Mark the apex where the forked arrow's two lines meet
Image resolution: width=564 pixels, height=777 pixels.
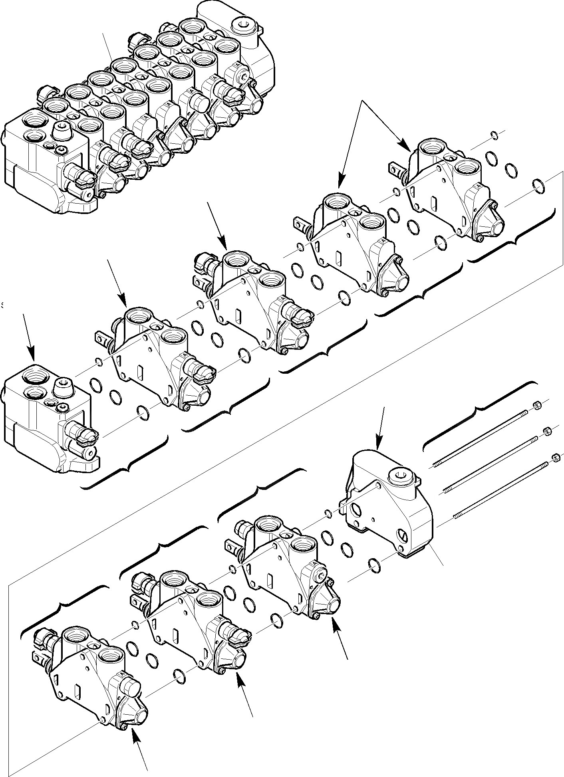pyautogui.click(x=362, y=101)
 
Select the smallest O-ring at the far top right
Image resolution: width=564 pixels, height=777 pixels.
pyautogui.click(x=494, y=136)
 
